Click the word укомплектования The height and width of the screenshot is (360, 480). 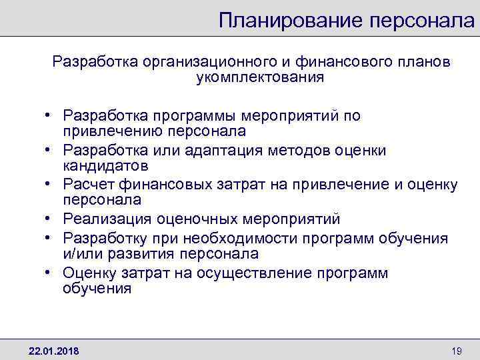click(x=260, y=77)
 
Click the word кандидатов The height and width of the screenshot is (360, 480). click(x=105, y=165)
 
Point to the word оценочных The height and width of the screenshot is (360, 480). click(x=193, y=219)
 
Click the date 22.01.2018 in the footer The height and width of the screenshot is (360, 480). click(x=53, y=350)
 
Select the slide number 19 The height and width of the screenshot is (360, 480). click(x=457, y=350)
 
